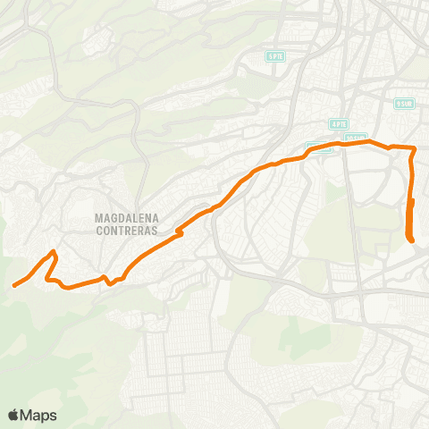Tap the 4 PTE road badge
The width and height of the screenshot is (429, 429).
pos(338,124)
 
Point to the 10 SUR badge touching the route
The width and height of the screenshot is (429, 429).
pos(356,139)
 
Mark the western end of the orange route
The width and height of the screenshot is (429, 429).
pos(14,286)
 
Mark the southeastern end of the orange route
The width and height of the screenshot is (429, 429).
pos(410,240)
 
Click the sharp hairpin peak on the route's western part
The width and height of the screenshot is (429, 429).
pos(55,253)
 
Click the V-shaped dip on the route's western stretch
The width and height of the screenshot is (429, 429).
pos(109,283)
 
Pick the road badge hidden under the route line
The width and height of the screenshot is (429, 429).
pos(319,148)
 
